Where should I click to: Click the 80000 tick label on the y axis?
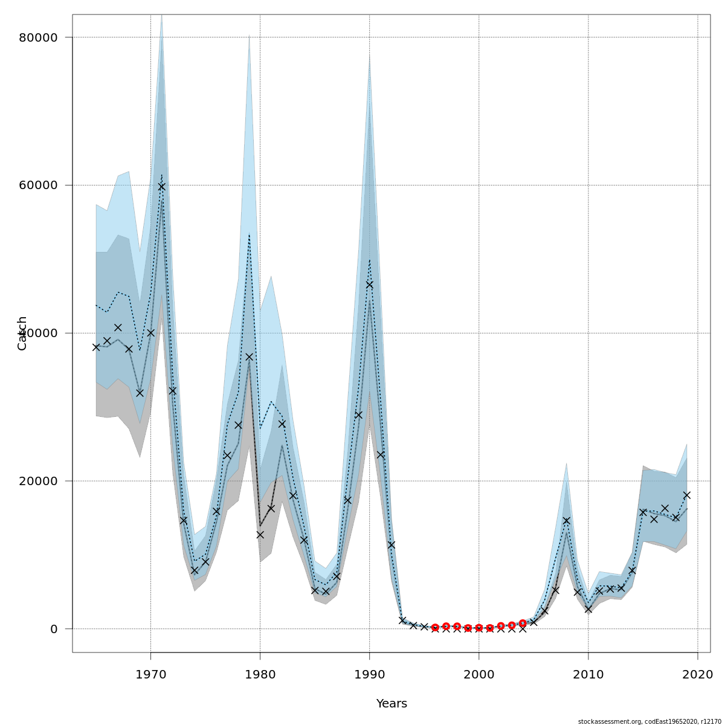tap(39, 37)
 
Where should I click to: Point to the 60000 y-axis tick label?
tap(39, 185)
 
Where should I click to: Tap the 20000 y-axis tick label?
tap(39, 481)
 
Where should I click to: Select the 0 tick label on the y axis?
tap(54, 629)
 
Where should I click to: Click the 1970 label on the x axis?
tap(150, 672)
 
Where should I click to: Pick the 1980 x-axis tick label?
tap(260, 672)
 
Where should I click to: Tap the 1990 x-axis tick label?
tap(369, 672)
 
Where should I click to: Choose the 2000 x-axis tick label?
tap(479, 672)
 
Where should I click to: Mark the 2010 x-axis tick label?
tap(588, 672)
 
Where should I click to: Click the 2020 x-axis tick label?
tap(698, 672)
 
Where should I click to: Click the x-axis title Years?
tap(391, 704)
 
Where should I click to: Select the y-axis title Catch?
tap(22, 333)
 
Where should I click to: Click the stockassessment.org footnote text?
tap(649, 721)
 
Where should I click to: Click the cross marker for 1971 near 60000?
tap(161, 187)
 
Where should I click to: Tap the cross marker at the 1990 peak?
tap(369, 285)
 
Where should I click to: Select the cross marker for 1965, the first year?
tap(96, 347)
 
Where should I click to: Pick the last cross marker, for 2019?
tap(687, 495)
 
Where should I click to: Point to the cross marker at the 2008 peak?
tap(566, 520)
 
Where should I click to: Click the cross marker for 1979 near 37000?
tap(249, 357)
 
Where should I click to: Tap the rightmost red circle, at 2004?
tap(523, 623)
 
